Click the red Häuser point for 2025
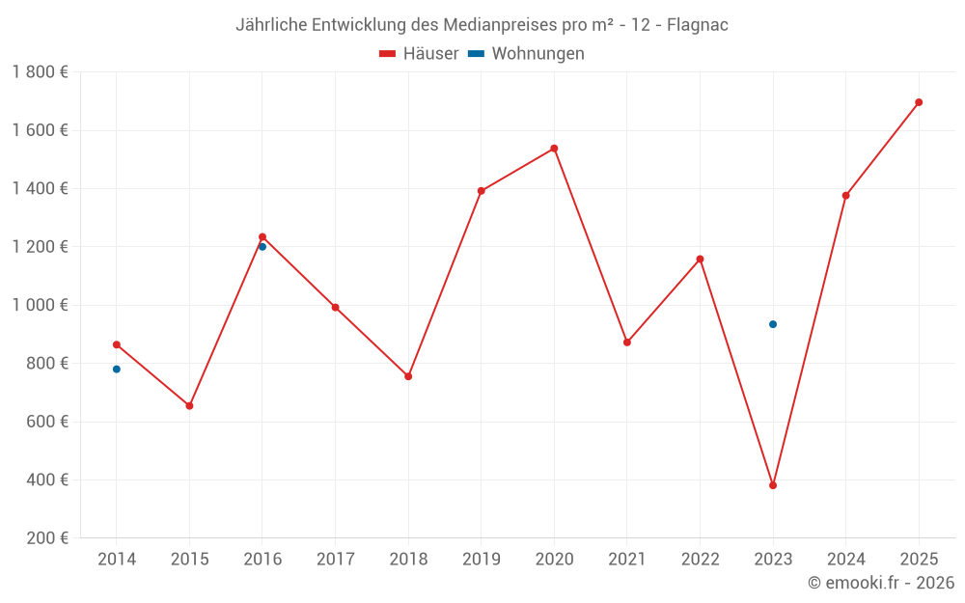coord(919,102)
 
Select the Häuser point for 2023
coord(773,485)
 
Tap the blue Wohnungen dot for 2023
coord(773,324)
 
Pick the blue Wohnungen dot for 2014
coord(117,370)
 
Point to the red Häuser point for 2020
coord(554,149)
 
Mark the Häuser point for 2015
coord(189,406)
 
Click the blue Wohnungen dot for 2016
coord(262,247)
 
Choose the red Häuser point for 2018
coord(408,376)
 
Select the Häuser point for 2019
coord(482,191)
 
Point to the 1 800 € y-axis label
coord(40,72)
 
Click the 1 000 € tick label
coord(40,306)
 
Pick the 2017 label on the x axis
coord(335,560)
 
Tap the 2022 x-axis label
coord(700,560)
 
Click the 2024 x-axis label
coord(845,560)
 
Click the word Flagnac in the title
coord(698,25)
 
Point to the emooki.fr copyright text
coord(881,583)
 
